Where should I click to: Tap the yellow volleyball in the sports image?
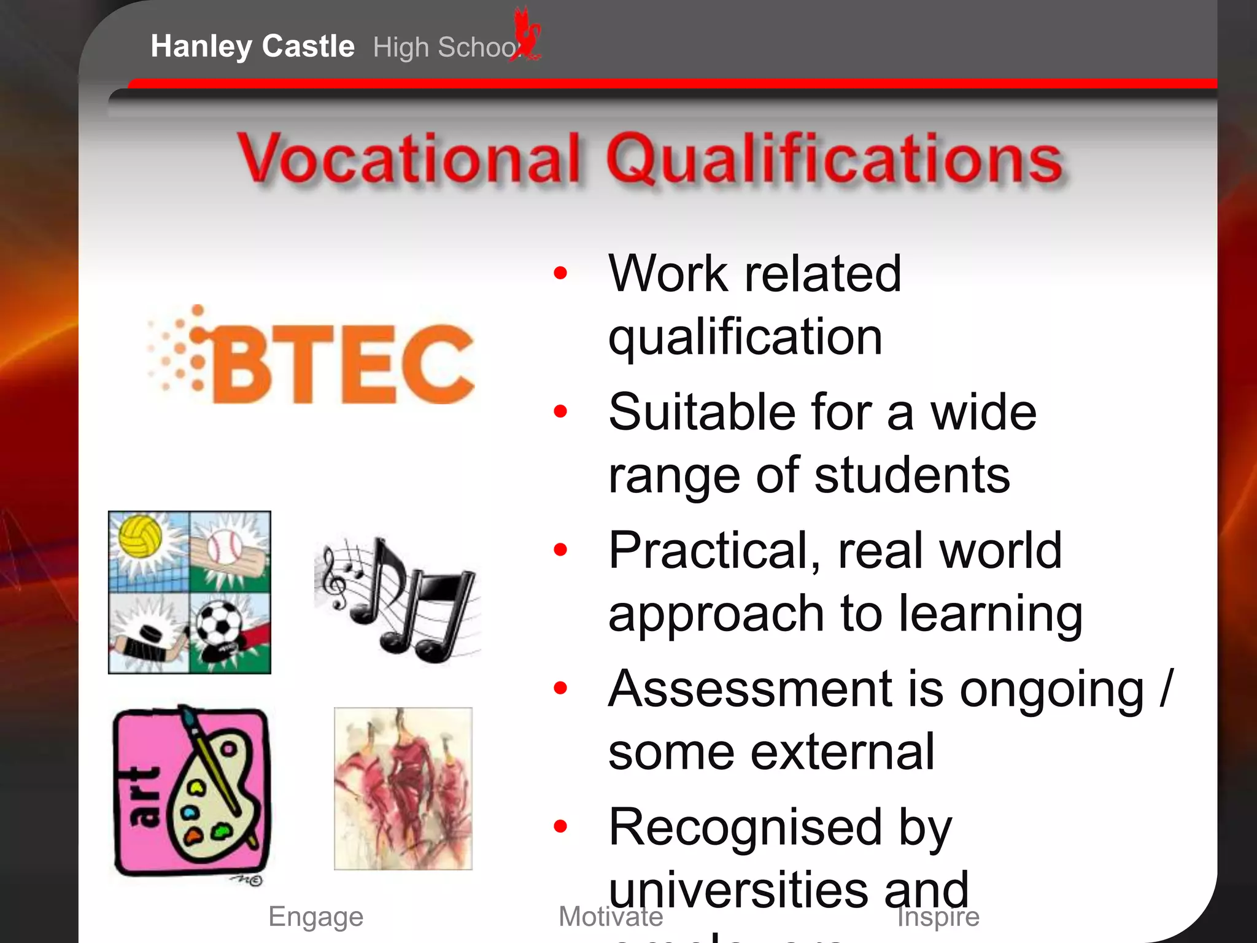pos(141,535)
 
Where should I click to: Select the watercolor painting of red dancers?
pos(403,788)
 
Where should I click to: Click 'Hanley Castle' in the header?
pos(252,46)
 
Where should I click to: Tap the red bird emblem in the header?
pos(528,34)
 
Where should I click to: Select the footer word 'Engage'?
pos(316,917)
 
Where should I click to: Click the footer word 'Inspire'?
pos(938,917)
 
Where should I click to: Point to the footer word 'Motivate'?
pos(611,917)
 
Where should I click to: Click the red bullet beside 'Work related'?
pos(560,273)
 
